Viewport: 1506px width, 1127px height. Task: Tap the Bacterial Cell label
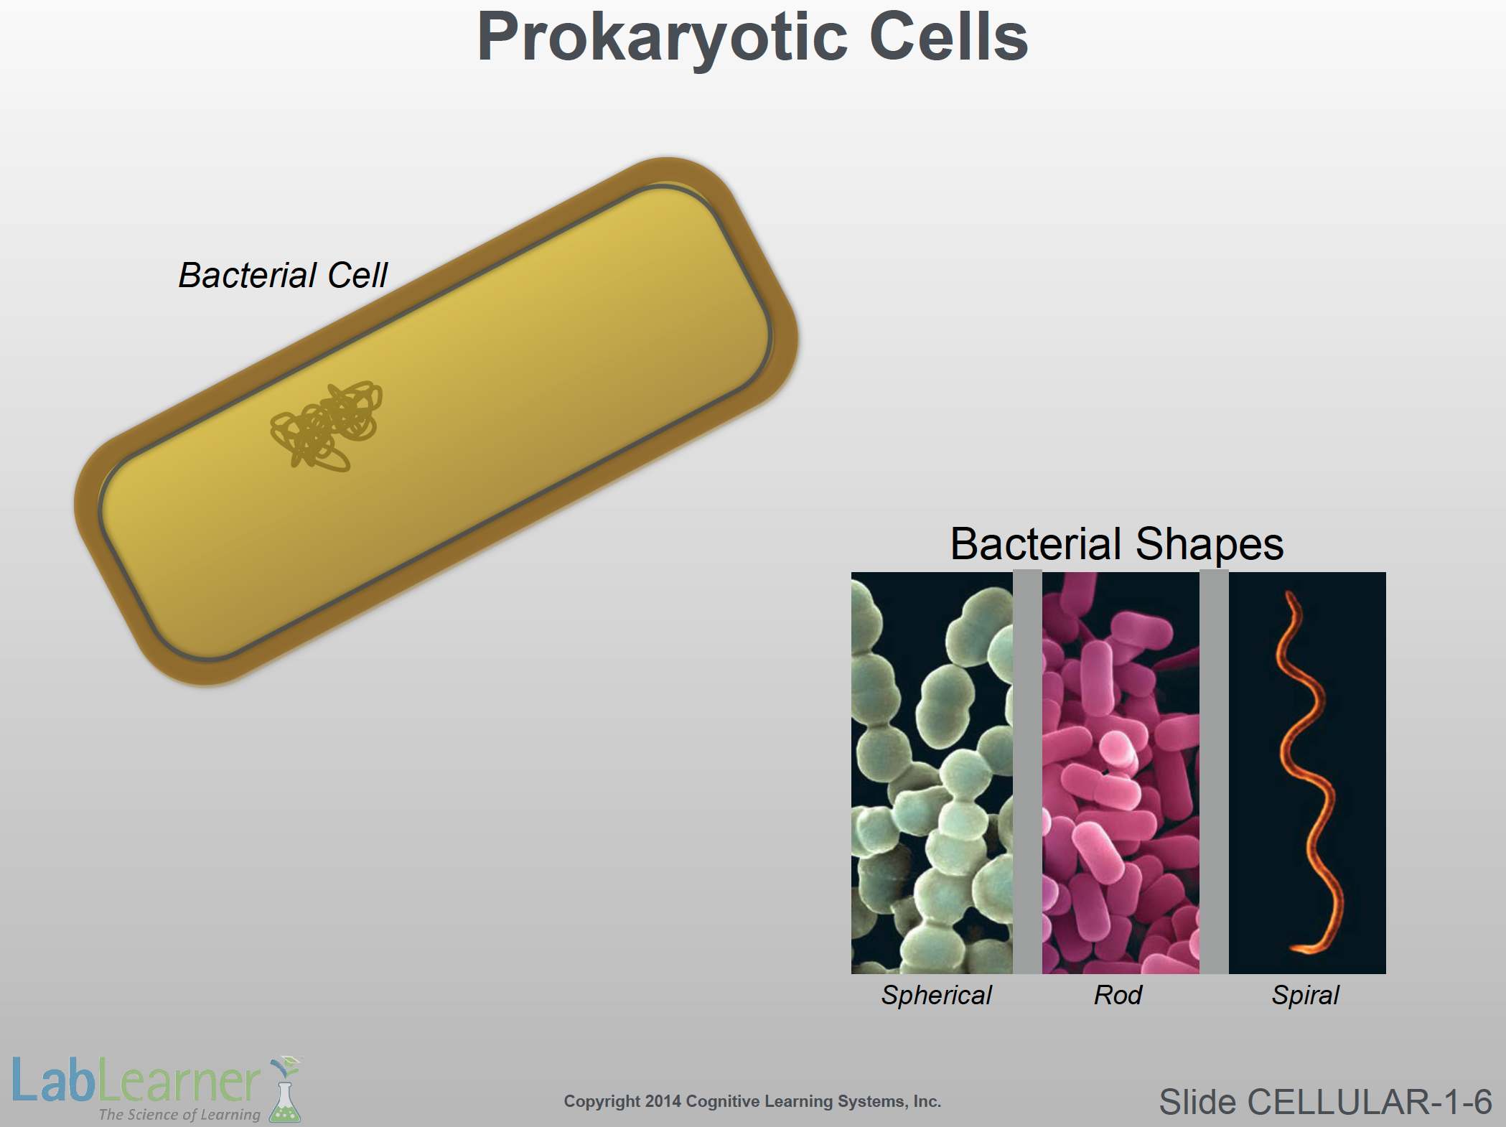[283, 275]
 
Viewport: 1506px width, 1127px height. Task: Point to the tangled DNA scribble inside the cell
[327, 426]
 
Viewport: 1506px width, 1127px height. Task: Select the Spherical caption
[937, 996]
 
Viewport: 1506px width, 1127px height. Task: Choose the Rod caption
[1118, 995]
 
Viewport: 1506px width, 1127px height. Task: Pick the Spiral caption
[1305, 996]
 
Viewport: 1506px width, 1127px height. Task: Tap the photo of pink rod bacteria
[1121, 773]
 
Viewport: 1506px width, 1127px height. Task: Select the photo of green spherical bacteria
[932, 773]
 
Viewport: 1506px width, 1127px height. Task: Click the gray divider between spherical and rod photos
[1027, 772]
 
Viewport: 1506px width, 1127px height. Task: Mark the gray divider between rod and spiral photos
[1214, 772]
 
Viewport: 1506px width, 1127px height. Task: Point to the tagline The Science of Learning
[179, 1115]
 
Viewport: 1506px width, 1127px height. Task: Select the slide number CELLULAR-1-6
[1370, 1102]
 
